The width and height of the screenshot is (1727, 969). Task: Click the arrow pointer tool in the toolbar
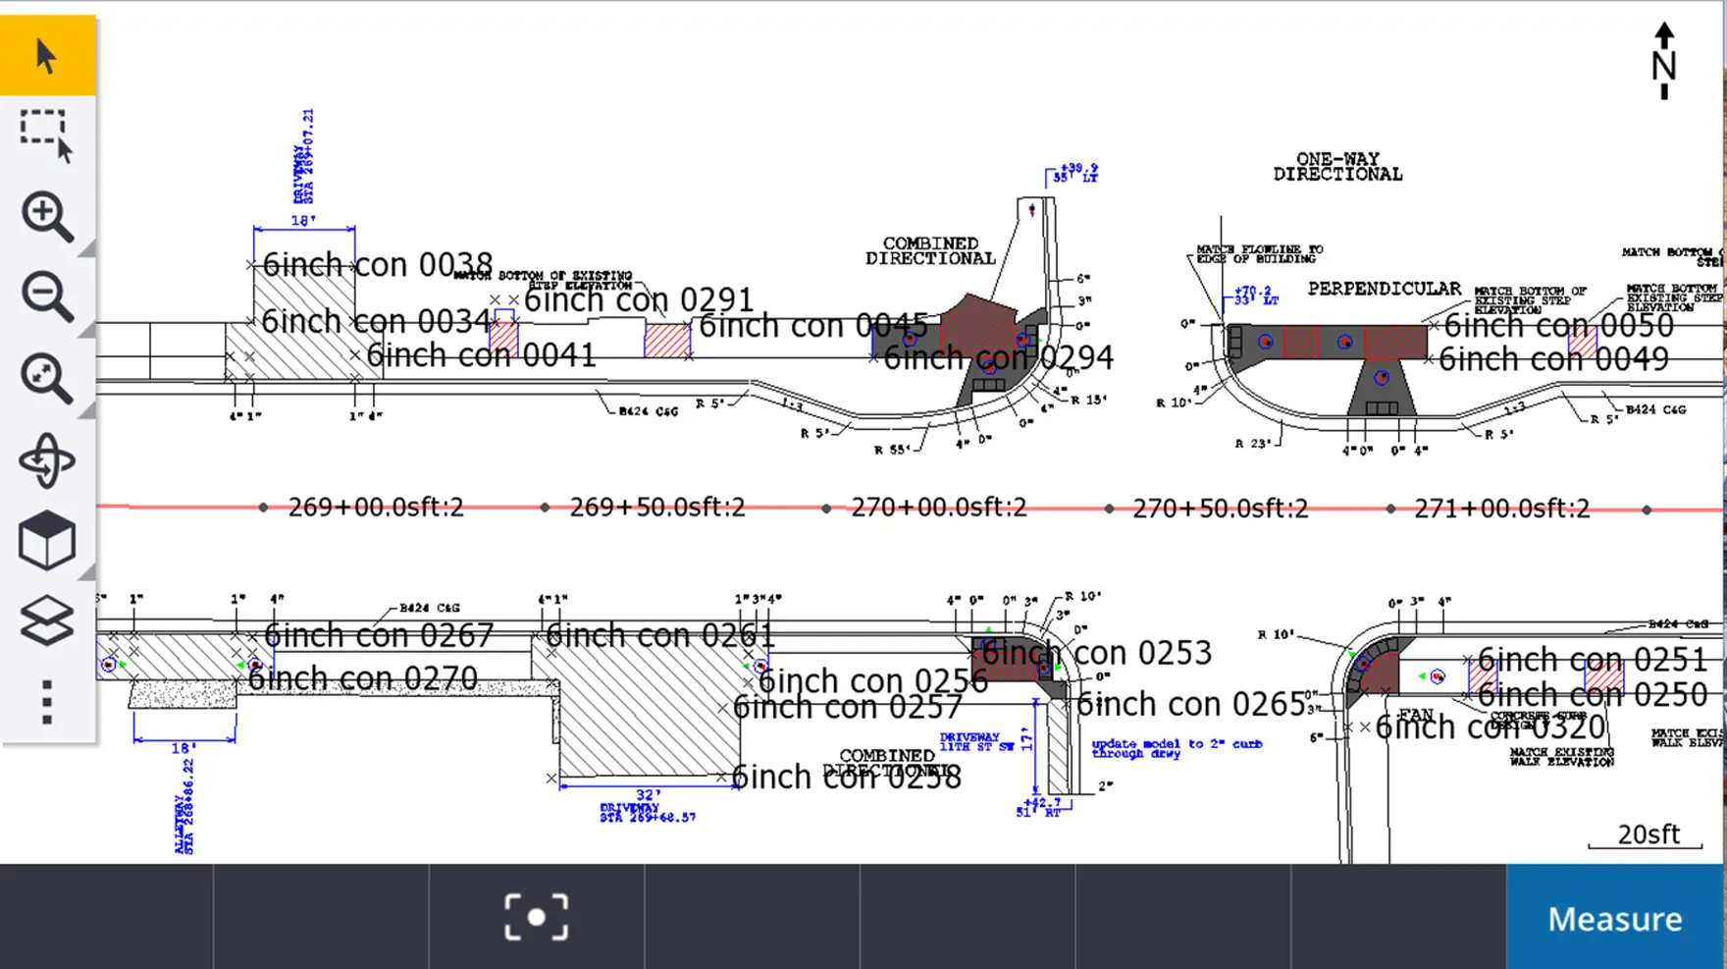(46, 56)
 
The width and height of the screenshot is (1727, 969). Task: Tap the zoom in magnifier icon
(46, 216)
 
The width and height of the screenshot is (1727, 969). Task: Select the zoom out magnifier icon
(46, 296)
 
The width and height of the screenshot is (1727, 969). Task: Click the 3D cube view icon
(46, 540)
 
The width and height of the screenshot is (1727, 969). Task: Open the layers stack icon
(46, 620)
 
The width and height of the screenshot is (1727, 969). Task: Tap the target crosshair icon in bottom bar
(536, 917)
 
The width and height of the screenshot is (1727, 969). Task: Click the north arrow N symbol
(1663, 61)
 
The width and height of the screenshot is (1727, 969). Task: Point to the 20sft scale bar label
(1648, 834)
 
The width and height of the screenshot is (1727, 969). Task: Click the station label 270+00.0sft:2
(938, 508)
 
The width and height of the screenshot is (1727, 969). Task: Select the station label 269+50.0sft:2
(656, 508)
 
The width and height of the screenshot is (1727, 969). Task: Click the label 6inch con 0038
(377, 265)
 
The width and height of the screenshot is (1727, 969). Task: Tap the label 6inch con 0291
(639, 300)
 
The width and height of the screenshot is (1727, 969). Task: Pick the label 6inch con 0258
(846, 778)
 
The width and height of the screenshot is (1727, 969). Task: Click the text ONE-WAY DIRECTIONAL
(1337, 167)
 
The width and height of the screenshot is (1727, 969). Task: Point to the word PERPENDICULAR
(1384, 289)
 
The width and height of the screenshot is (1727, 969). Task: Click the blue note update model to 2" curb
(1176, 748)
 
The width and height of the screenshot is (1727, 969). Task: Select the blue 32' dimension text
(648, 795)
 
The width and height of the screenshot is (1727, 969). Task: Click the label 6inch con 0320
(1490, 727)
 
